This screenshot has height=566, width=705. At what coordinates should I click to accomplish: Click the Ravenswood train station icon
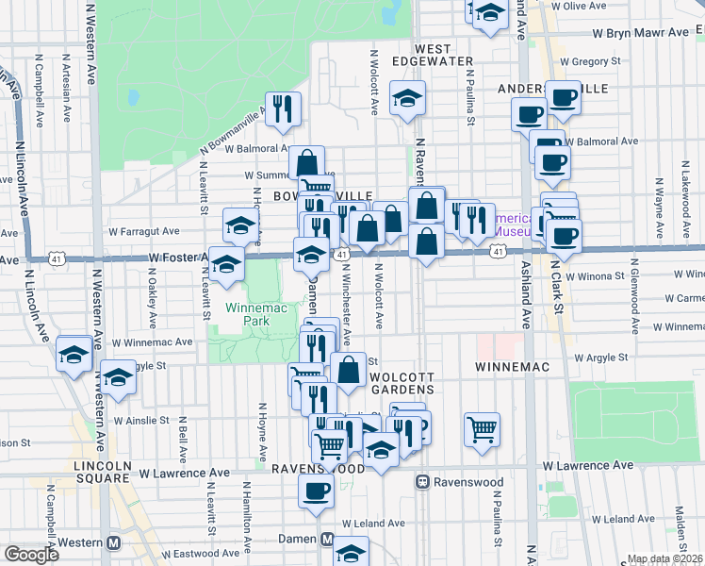pyautogui.click(x=424, y=481)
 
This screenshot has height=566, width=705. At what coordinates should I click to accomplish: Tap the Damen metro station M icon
pyautogui.click(x=327, y=540)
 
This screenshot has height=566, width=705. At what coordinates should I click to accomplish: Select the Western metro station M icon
pyautogui.click(x=114, y=543)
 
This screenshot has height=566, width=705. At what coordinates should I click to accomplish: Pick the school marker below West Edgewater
pyautogui.click(x=407, y=98)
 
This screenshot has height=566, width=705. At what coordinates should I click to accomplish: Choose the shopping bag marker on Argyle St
pyautogui.click(x=348, y=370)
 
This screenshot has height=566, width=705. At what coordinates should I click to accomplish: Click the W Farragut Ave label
pyautogui.click(x=143, y=230)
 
